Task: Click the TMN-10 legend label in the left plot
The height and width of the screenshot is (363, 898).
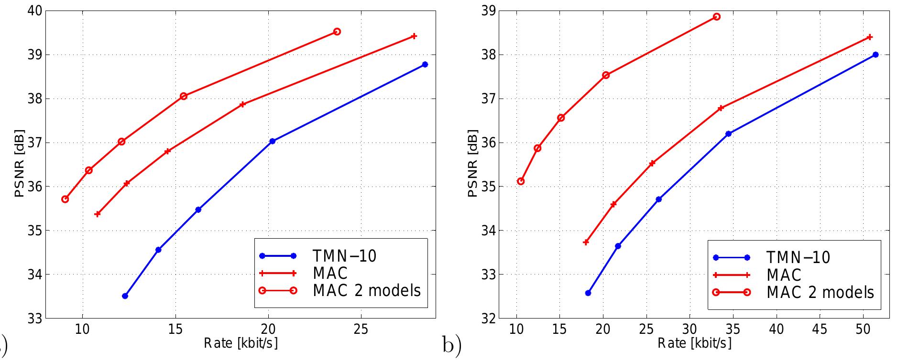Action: coord(344,256)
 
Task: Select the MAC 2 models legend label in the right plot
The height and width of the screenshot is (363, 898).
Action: coord(820,292)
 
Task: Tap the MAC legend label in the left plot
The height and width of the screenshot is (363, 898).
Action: coord(330,273)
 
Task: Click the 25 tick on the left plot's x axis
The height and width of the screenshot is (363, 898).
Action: coord(361,330)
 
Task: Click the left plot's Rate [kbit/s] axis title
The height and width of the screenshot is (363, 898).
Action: coord(241,343)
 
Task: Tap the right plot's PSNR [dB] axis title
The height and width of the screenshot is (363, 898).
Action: coord(472,163)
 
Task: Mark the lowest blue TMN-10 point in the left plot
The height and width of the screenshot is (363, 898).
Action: coord(125,296)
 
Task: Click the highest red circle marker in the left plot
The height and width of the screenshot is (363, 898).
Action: coord(337,32)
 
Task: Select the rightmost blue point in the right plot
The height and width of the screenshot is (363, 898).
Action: coord(876,55)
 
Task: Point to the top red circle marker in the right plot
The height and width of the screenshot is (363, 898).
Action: coord(716,17)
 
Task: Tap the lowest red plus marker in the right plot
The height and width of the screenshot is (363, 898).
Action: coord(586,242)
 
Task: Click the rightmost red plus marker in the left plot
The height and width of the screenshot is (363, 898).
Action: coord(414,36)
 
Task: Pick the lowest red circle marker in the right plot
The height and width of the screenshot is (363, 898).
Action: coord(521,181)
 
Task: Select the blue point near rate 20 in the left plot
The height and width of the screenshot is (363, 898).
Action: coord(273,141)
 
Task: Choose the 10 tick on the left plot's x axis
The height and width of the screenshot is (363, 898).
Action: coord(82,330)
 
